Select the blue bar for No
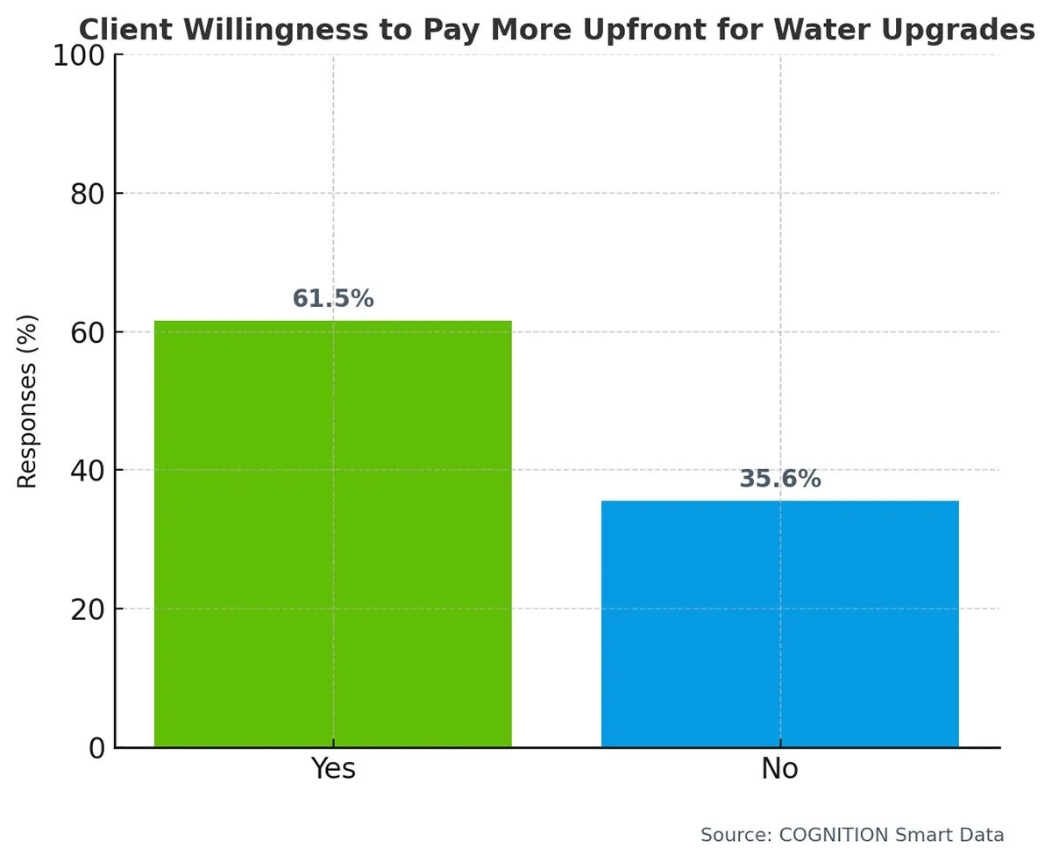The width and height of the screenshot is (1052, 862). [x=779, y=623]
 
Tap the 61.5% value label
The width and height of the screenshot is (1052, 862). [x=332, y=299]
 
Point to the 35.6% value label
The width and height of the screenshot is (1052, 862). [x=779, y=480]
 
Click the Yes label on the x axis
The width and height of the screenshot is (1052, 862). [x=332, y=769]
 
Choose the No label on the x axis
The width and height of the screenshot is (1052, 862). [x=779, y=769]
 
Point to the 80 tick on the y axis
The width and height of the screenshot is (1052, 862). [x=88, y=194]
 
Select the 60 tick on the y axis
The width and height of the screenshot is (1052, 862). [x=88, y=332]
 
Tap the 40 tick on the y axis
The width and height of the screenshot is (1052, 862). [x=88, y=471]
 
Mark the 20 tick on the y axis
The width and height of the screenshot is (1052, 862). [x=88, y=609]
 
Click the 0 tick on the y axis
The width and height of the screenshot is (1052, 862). [x=96, y=748]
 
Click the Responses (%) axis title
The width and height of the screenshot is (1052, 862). [x=28, y=401]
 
